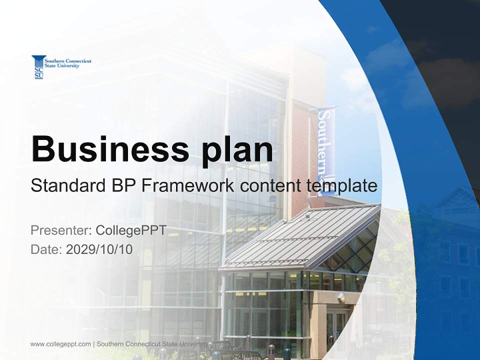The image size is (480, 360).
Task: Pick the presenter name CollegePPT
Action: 130,230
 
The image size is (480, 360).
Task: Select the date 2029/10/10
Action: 99,249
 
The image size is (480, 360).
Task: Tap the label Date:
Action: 46,249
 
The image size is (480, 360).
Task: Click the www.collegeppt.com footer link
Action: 60,344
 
